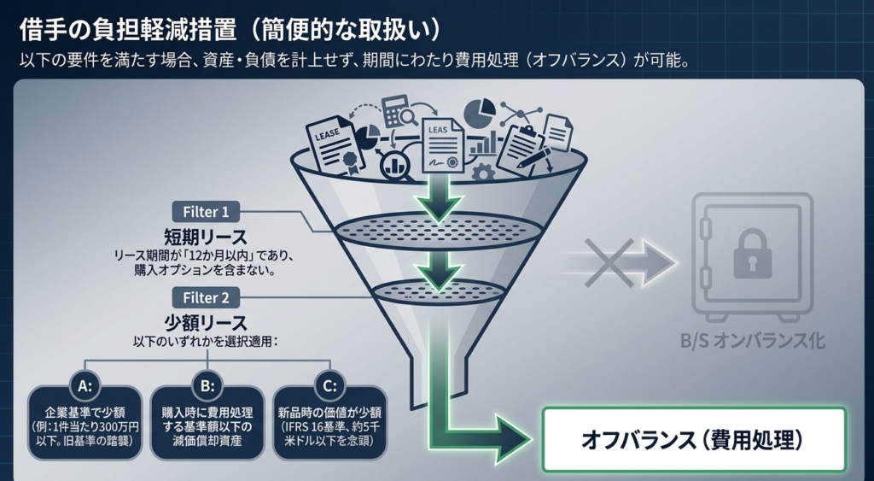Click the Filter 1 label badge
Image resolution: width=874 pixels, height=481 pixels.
pos(206,211)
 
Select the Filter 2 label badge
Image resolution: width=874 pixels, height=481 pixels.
pos(206,298)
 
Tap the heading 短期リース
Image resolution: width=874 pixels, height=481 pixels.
pos(206,236)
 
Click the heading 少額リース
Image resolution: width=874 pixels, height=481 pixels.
pos(206,323)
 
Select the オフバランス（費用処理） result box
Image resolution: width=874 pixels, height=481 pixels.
pos(693,439)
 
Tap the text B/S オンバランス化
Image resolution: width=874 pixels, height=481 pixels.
pos(752,340)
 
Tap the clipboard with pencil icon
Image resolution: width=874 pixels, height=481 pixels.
pos(522,151)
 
